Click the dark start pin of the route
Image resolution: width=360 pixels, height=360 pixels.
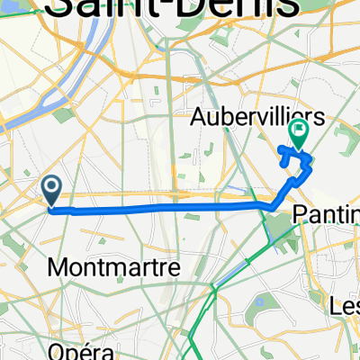(51, 189)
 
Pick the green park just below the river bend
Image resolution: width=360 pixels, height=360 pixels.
(65, 115)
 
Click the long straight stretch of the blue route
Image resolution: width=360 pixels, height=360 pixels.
(162, 207)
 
